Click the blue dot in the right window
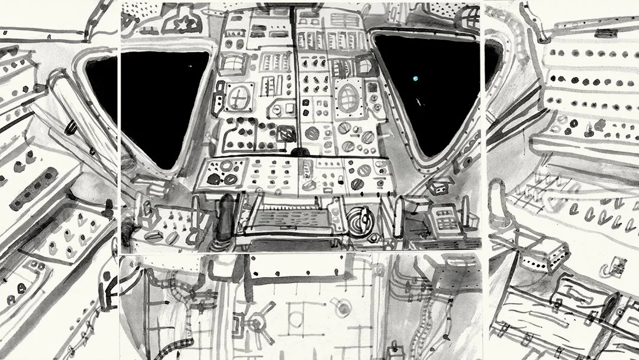point(415,78)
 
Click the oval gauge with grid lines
point(347,95)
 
